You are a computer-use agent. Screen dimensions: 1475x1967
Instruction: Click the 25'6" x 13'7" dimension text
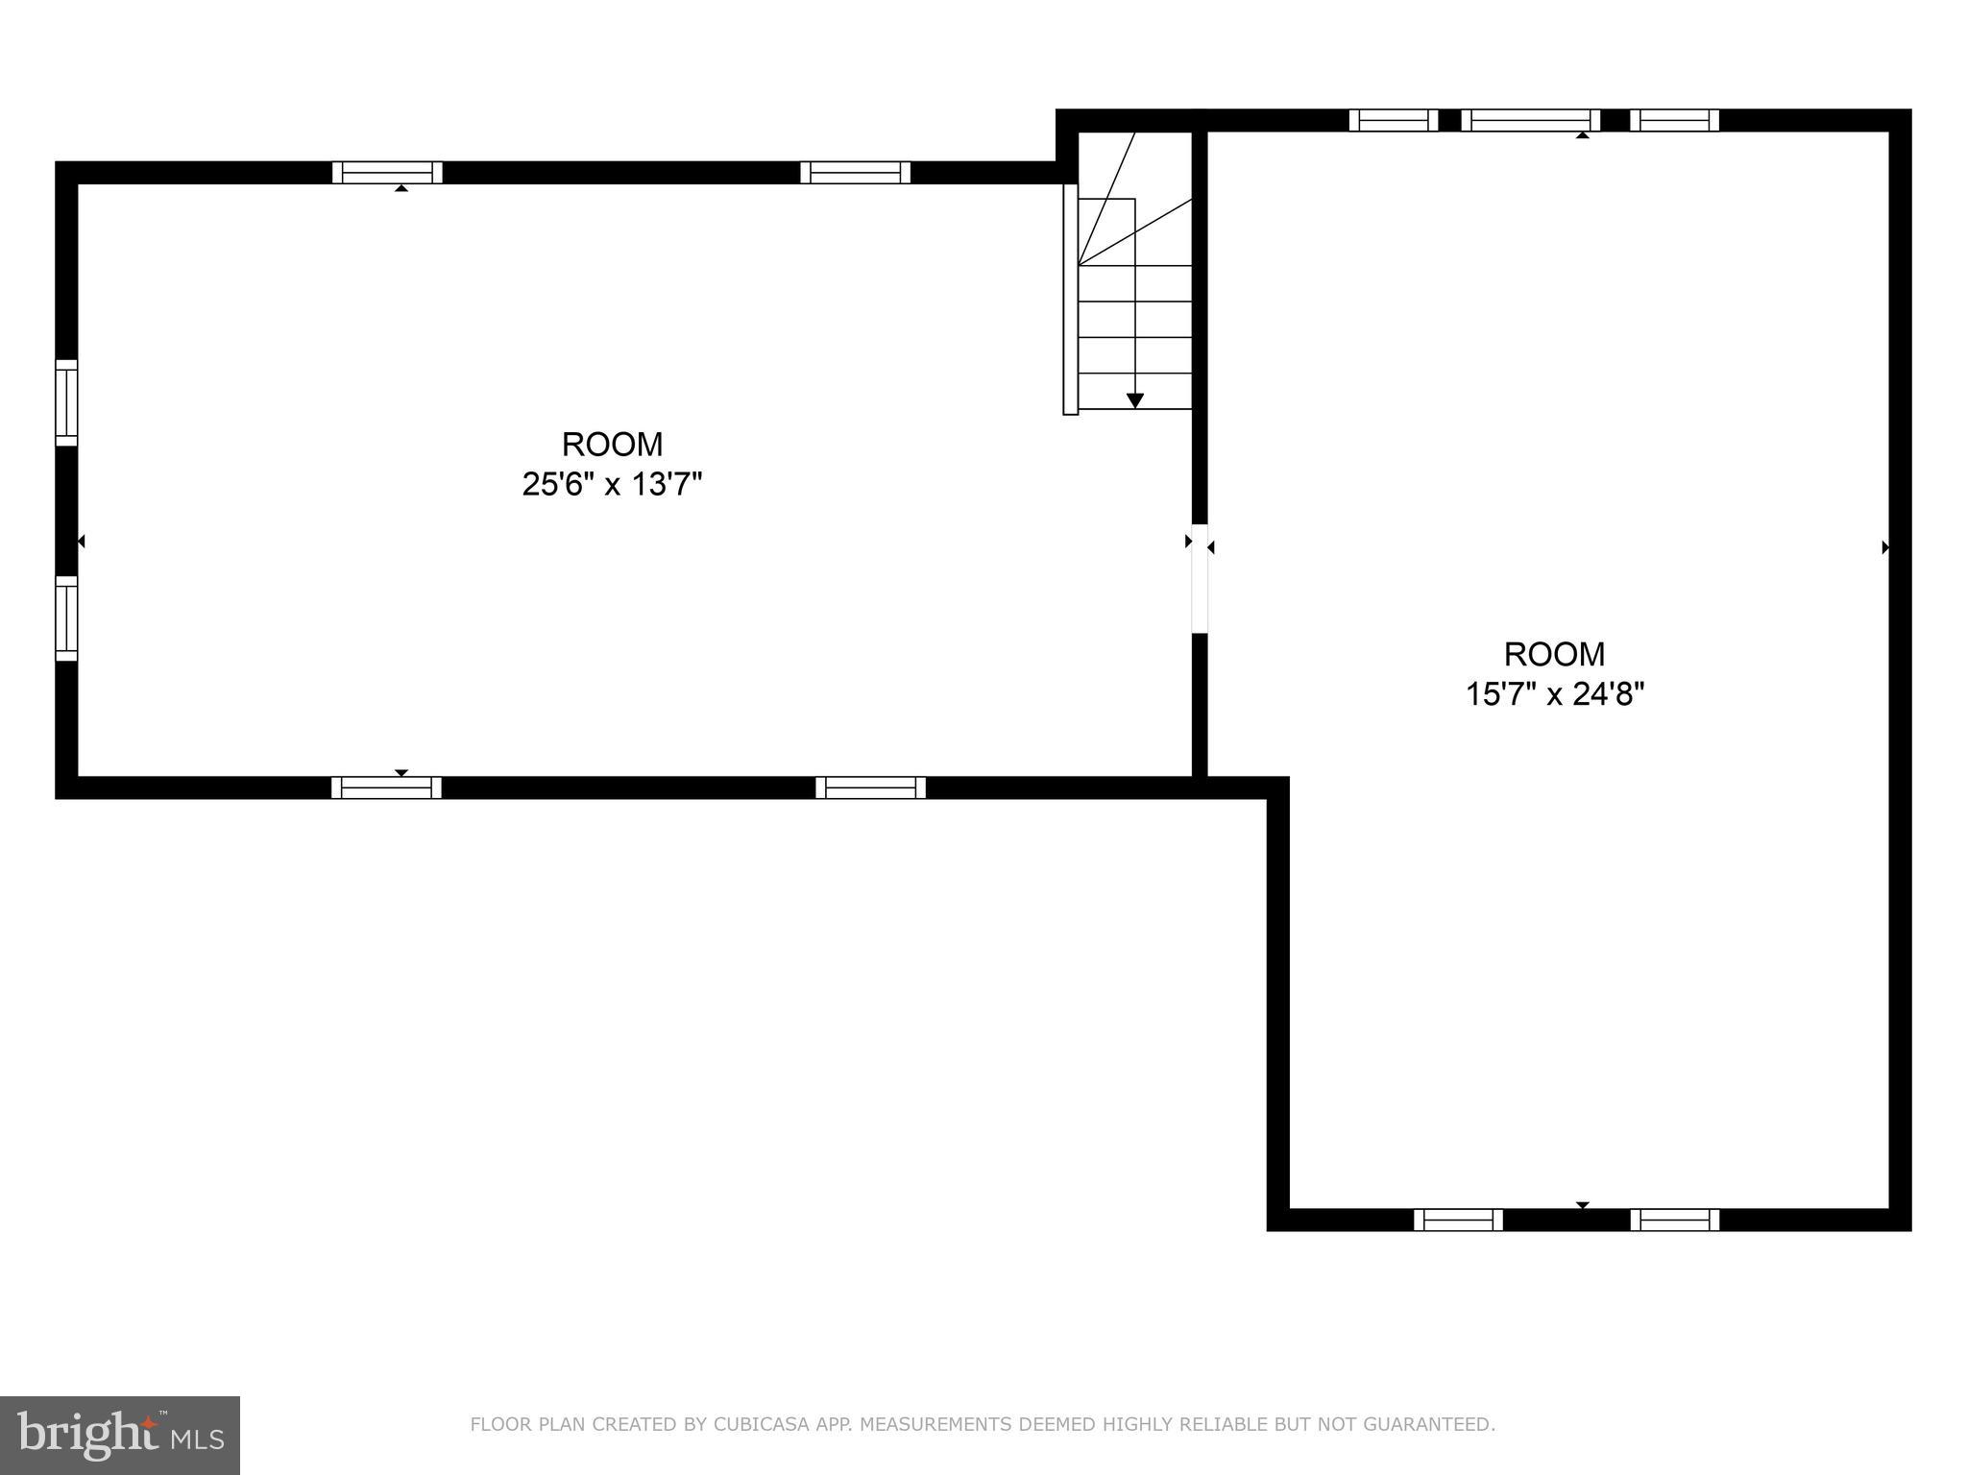coord(612,484)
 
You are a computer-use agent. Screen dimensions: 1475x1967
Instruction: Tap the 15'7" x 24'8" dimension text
coord(1554,693)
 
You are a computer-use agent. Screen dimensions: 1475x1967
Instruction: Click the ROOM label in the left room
coord(612,445)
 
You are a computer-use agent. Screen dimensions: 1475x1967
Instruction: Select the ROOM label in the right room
coord(1554,654)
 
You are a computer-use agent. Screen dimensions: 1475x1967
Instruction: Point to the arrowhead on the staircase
coord(1135,400)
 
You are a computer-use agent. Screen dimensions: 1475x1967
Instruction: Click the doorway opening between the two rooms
coord(1200,578)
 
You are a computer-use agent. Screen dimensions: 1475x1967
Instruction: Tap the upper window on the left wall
coord(66,402)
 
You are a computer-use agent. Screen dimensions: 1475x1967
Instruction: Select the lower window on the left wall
coord(66,618)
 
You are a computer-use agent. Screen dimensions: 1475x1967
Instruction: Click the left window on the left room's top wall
coord(387,173)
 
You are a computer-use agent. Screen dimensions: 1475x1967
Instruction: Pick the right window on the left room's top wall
coord(855,173)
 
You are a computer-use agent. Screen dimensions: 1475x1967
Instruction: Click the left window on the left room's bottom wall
coord(386,787)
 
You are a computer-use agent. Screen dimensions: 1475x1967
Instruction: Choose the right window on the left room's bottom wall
coord(870,787)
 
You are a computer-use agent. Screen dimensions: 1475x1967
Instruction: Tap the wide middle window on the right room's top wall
coord(1530,120)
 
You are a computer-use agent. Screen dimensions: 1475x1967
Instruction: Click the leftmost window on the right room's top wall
coord(1393,120)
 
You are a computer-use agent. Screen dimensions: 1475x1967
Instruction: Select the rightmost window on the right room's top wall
coord(1674,120)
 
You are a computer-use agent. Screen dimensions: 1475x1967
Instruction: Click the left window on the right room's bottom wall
coord(1458,1220)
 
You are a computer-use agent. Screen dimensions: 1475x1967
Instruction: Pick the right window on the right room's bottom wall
coord(1674,1220)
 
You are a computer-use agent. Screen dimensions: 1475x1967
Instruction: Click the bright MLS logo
coord(120,1435)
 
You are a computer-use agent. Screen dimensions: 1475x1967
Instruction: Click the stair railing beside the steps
coord(1070,299)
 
